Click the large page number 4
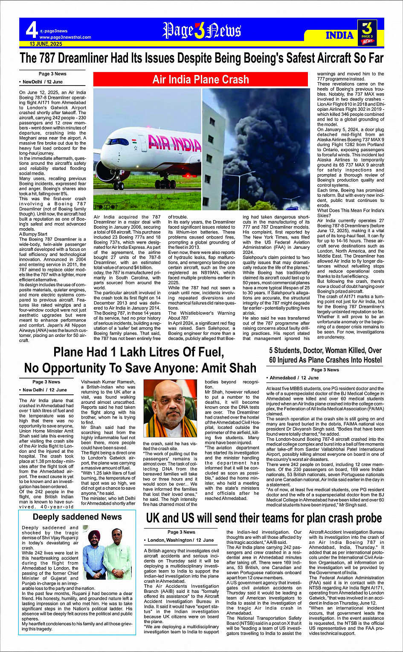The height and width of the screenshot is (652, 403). [x=31, y=30]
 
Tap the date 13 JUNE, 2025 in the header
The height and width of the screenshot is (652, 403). [x=46, y=44]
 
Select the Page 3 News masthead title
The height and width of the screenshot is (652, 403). [x=202, y=31]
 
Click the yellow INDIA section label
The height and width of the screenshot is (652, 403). [x=339, y=35]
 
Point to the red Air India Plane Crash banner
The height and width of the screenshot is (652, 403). [x=200, y=80]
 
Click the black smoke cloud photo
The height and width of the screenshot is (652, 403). [x=256, y=149]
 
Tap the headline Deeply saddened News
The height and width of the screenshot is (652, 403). [x=77, y=517]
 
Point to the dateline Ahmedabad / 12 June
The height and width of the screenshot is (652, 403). [x=294, y=378]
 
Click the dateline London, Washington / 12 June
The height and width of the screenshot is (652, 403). [x=180, y=540]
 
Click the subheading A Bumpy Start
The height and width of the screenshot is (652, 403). [x=33, y=234]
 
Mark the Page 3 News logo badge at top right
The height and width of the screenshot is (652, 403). [x=367, y=32]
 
